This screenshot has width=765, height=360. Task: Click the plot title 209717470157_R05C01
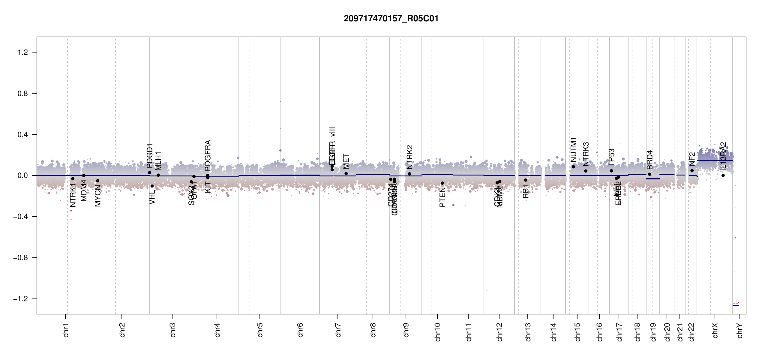click(391, 19)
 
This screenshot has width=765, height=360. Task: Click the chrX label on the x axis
click(715, 330)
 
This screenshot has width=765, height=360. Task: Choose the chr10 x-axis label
click(438, 332)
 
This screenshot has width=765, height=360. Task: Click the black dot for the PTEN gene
click(442, 183)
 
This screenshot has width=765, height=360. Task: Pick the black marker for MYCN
click(97, 181)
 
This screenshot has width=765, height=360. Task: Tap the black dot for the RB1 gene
click(526, 180)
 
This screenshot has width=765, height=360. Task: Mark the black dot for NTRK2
click(409, 174)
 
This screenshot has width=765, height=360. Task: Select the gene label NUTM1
click(573, 149)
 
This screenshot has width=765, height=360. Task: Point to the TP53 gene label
click(611, 157)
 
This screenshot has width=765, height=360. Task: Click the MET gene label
click(346, 161)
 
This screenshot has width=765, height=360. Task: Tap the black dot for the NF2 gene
click(692, 170)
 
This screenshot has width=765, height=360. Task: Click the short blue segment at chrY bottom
click(736, 305)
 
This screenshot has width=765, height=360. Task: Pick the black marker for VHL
click(152, 186)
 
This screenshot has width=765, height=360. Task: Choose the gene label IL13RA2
click(723, 156)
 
